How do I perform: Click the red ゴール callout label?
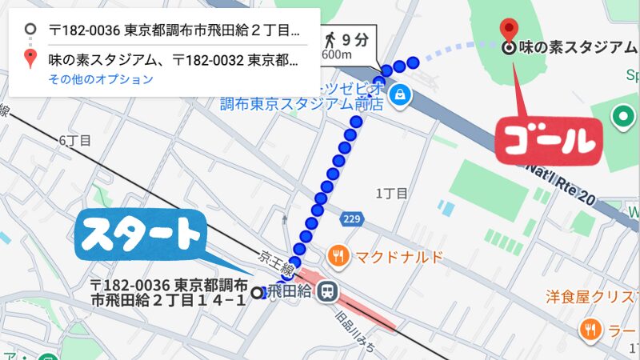pos(548,141)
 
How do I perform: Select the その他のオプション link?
pos(100,79)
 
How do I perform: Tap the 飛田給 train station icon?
pos(326,292)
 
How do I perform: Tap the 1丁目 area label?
pos(392,194)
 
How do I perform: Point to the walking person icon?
pos(329,38)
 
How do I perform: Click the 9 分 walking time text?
pos(356,38)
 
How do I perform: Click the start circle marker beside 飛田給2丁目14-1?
pos(257,293)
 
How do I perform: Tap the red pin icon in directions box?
pos(30,58)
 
